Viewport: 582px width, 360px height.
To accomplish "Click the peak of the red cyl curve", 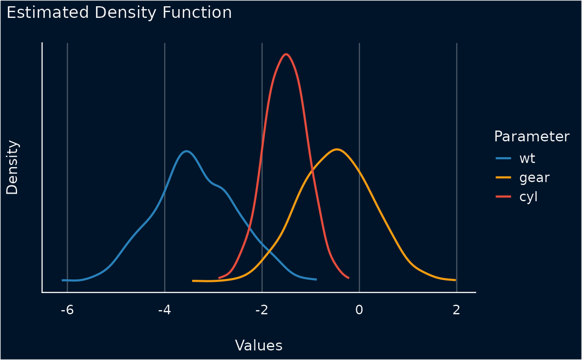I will [286, 54].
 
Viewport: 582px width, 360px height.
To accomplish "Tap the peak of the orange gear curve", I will [337, 149].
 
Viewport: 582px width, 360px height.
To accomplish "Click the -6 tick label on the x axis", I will [67, 310].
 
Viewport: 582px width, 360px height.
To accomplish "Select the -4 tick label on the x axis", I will [165, 310].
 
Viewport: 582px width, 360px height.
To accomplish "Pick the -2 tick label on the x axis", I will [262, 310].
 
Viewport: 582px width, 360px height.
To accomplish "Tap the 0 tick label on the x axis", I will [359, 310].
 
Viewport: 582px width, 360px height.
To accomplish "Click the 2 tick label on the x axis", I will [456, 310].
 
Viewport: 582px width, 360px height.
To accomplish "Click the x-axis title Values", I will [259, 345].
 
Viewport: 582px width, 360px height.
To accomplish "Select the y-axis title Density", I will [12, 168].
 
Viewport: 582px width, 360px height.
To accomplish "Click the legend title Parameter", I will [532, 136].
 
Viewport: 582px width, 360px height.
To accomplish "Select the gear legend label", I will [534, 178].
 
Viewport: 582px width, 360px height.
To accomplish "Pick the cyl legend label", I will [528, 197].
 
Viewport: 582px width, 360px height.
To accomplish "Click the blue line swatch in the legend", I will [503, 158].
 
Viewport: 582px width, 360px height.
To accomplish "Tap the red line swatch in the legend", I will [503, 197].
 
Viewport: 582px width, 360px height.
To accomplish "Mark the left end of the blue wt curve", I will [62, 280].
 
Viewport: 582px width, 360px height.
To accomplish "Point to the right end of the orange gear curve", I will [456, 280].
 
